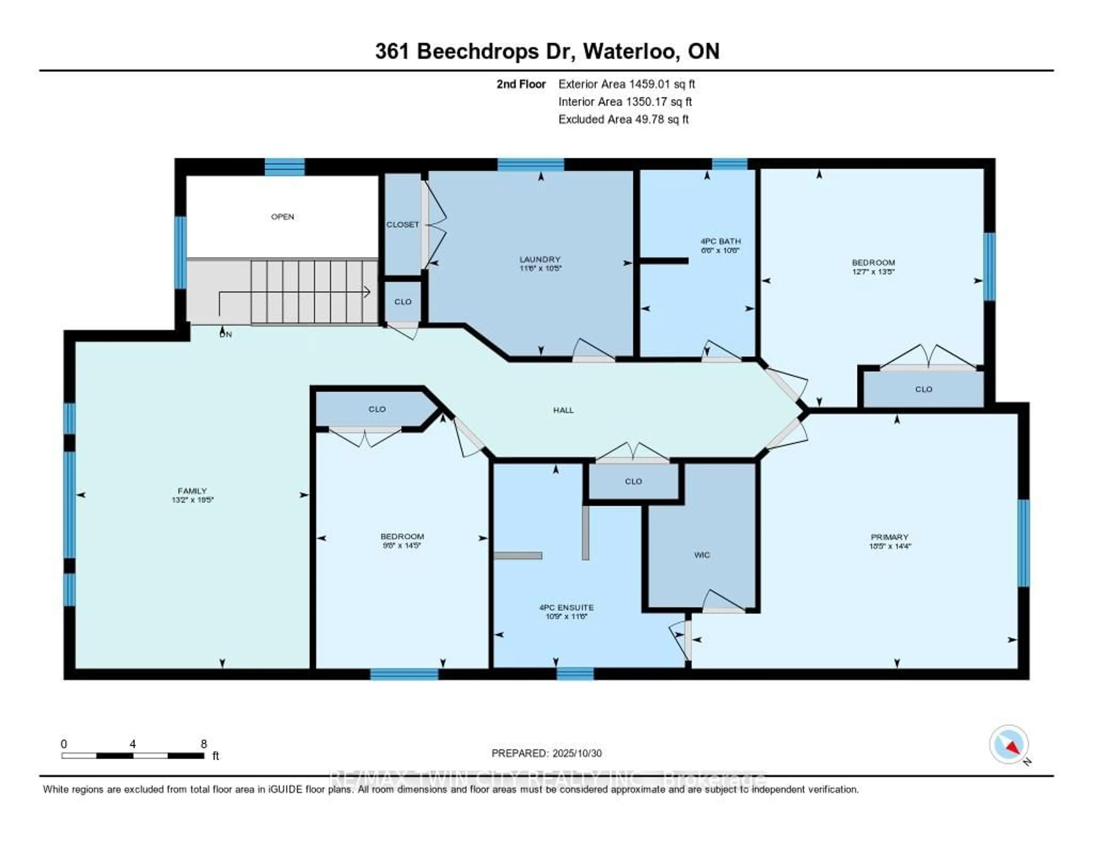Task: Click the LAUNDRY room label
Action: click(539, 260)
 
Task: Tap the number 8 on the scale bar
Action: click(204, 744)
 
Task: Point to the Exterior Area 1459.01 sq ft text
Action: click(626, 84)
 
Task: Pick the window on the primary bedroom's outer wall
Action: click(1024, 543)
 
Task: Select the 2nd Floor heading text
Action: click(521, 84)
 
